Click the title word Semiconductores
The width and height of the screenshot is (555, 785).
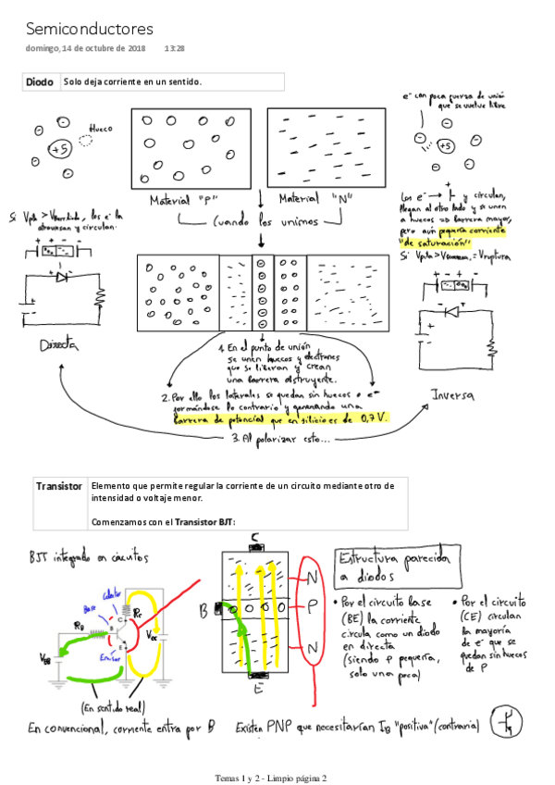tap(90, 30)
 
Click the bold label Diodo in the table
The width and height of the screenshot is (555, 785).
tap(40, 82)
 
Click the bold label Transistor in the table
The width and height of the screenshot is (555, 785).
tap(58, 486)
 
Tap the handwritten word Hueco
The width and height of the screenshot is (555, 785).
tap(100, 129)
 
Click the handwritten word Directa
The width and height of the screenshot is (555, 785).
tap(56, 345)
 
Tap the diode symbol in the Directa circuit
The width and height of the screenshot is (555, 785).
tap(62, 276)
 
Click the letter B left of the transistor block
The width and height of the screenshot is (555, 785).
tap(203, 611)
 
